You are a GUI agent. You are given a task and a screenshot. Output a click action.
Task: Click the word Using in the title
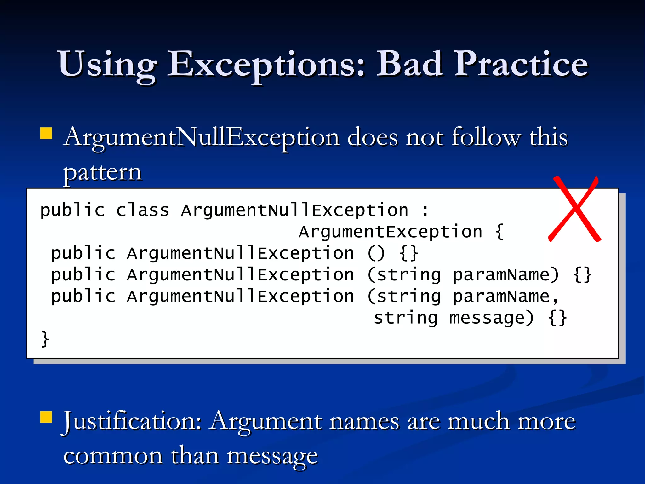107,65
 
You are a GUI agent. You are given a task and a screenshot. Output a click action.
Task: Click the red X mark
575,210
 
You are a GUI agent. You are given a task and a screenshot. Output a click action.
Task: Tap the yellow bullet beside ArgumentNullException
46,133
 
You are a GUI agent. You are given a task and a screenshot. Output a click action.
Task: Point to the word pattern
102,173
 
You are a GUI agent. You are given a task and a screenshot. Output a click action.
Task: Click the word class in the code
142,210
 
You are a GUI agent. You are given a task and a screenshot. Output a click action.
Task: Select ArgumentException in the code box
390,232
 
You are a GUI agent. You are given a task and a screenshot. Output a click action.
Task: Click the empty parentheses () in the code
376,254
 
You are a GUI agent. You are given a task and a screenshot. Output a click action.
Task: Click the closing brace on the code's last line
45,339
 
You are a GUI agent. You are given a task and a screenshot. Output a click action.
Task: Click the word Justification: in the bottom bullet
132,421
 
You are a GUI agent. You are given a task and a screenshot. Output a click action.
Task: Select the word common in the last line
113,456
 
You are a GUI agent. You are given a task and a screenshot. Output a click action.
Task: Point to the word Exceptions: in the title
266,65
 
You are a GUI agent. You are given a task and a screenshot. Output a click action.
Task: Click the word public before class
72,210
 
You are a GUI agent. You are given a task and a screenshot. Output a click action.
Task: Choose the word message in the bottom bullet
272,456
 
